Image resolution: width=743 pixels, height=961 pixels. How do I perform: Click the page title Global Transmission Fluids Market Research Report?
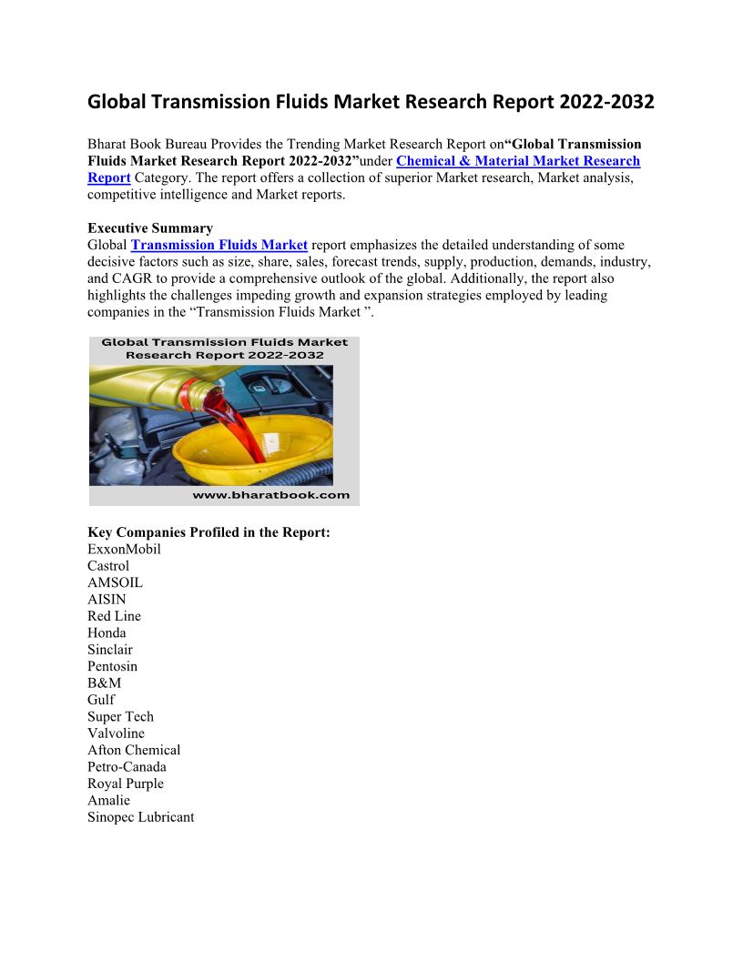(x=371, y=102)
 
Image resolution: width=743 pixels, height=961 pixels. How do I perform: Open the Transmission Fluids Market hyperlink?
(x=219, y=245)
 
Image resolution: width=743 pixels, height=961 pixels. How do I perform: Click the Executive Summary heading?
(x=150, y=228)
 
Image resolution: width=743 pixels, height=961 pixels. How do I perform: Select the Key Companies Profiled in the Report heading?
(x=209, y=532)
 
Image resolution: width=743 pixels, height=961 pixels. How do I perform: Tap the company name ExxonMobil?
(x=124, y=549)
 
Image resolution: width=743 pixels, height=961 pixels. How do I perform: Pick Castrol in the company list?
(x=108, y=566)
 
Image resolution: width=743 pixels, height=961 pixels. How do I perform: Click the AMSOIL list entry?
(x=115, y=582)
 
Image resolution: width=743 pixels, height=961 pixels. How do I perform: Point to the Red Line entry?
(x=114, y=616)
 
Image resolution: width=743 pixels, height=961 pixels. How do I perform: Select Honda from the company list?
(x=107, y=632)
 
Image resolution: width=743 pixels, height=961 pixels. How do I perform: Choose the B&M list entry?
(x=104, y=683)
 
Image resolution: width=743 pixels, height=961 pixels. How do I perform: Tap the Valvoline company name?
(x=116, y=733)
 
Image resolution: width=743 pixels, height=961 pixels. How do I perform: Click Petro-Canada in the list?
(x=127, y=767)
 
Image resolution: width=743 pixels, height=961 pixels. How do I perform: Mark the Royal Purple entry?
(x=126, y=784)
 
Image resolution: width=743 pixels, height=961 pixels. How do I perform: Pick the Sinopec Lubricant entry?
(x=140, y=817)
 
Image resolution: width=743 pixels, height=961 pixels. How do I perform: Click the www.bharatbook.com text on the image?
(x=270, y=495)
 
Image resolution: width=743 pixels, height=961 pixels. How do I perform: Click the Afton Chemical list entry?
(x=134, y=750)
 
